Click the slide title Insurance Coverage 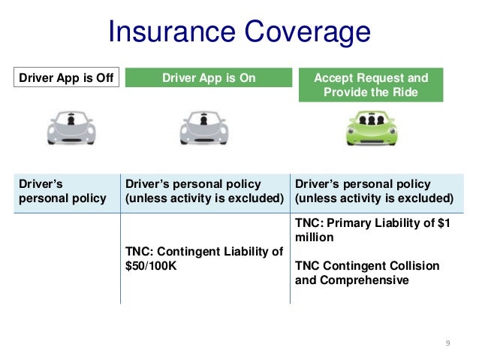tap(239, 32)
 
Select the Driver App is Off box tap(66, 78)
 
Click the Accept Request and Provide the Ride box tap(370, 85)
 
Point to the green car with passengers tap(370, 129)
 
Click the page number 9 tap(447, 343)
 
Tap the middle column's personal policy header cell tap(204, 191)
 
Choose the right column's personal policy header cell tap(374, 191)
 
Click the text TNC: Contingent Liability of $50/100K tap(203, 258)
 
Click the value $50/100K tap(151, 265)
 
